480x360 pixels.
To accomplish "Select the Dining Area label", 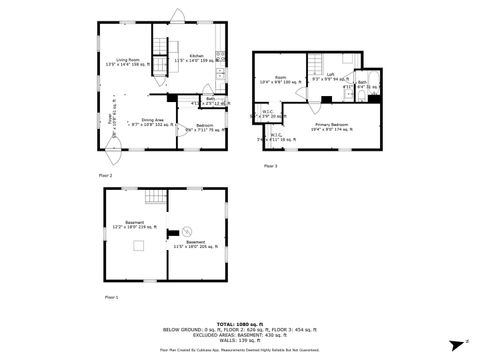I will [152, 122].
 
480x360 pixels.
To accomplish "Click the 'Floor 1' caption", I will [111, 297].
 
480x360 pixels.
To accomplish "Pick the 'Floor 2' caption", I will [105, 175].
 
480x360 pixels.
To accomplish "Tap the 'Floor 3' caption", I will [270, 165].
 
